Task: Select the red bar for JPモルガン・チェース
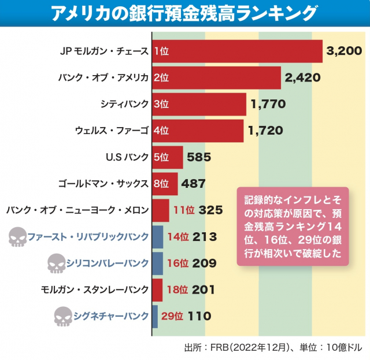pos(237,51)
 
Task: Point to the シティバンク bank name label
pos(125,104)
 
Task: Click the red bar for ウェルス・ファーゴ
pos(198,131)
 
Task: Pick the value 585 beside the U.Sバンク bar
pos(198,157)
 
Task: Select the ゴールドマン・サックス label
pos(104,184)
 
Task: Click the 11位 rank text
pos(184,210)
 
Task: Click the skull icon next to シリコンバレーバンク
pos(56,263)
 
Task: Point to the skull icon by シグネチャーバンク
pos(64,316)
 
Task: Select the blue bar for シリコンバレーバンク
pos(157,263)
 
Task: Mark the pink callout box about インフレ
pos(293,226)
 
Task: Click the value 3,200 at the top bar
pos(345,51)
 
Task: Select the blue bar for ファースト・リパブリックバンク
pos(157,237)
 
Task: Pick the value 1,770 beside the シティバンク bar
pos(269,104)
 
